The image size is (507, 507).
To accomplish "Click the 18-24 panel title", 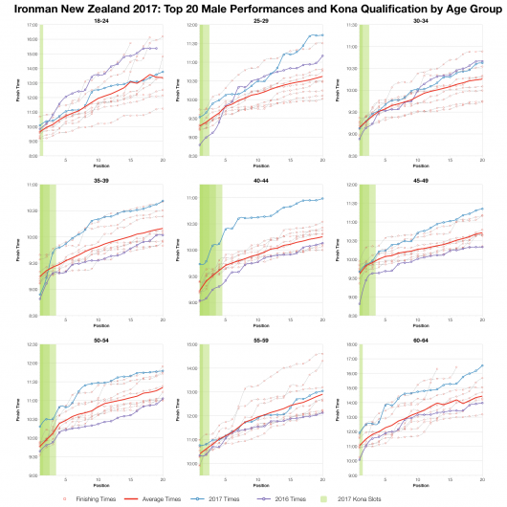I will (x=101, y=20).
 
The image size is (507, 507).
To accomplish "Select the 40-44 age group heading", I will (x=260, y=178).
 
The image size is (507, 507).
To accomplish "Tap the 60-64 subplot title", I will (x=419, y=338).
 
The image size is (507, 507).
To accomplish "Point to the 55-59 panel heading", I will (x=260, y=338).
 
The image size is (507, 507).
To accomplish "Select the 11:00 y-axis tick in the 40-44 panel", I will (x=191, y=198).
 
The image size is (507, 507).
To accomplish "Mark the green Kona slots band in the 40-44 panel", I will (x=209, y=249).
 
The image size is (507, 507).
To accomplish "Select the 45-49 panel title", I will (x=419, y=178).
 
